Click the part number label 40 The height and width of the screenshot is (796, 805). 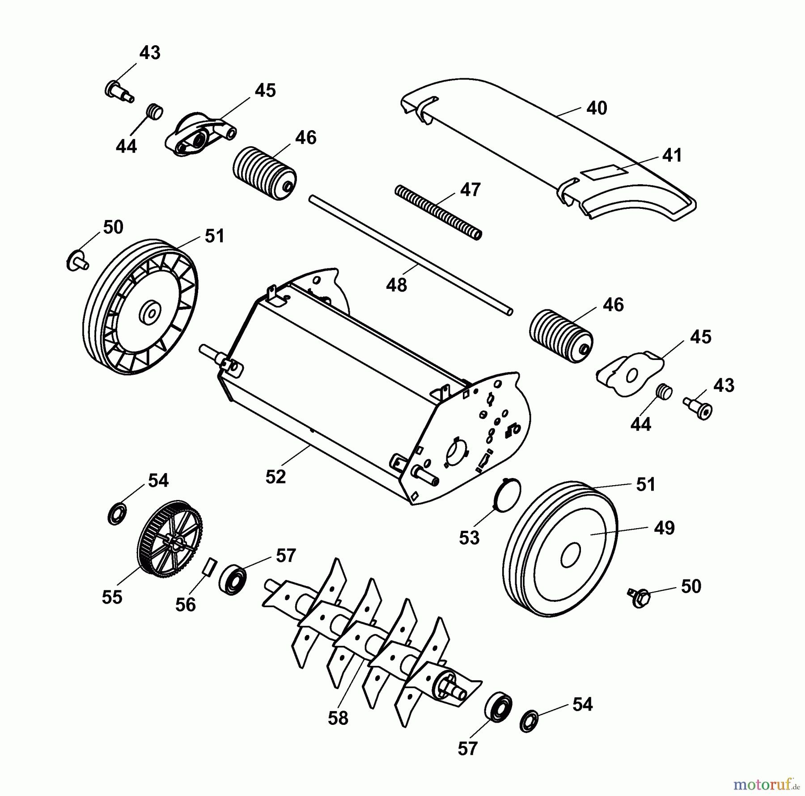(597, 108)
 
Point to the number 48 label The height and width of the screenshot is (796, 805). (397, 285)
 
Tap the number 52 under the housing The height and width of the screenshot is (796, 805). (275, 477)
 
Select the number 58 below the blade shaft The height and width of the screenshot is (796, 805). (338, 718)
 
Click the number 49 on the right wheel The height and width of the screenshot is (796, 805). (664, 528)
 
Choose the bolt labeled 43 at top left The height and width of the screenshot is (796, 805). (119, 92)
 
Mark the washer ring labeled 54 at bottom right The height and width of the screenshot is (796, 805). (529, 720)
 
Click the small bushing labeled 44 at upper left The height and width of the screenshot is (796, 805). (155, 111)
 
